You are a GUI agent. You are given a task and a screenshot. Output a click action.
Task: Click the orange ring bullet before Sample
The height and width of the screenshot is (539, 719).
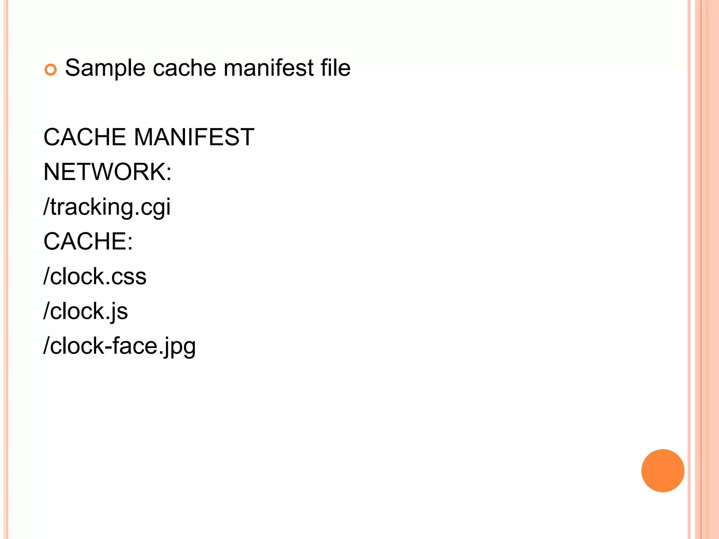pyautogui.click(x=51, y=70)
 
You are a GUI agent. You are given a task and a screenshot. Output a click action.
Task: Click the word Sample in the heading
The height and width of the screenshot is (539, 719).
pyautogui.click(x=105, y=68)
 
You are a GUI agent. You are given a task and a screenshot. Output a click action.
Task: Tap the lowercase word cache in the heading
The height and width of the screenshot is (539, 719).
pyautogui.click(x=184, y=68)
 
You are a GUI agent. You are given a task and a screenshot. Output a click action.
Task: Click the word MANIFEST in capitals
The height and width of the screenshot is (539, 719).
pyautogui.click(x=194, y=137)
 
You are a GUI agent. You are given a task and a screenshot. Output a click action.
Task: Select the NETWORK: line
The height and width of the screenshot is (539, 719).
pyautogui.click(x=107, y=172)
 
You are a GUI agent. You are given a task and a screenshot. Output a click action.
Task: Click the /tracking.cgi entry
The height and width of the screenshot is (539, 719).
pyautogui.click(x=107, y=207)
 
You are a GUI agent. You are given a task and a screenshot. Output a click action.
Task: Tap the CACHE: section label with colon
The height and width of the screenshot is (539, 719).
pyautogui.click(x=88, y=241)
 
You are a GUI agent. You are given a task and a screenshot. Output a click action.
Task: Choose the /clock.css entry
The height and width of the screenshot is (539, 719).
pyautogui.click(x=95, y=276)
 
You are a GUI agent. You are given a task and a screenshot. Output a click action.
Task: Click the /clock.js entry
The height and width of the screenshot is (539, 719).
pyautogui.click(x=86, y=311)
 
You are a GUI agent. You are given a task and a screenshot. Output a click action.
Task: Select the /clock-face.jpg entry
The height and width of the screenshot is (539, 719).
pyautogui.click(x=119, y=346)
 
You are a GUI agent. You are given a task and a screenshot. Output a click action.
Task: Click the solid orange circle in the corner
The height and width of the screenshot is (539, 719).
pyautogui.click(x=662, y=471)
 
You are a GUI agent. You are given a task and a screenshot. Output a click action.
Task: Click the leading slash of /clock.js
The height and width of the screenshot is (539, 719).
pyautogui.click(x=46, y=311)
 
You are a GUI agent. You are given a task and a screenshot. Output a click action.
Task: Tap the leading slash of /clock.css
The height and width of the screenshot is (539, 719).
pyautogui.click(x=46, y=276)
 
